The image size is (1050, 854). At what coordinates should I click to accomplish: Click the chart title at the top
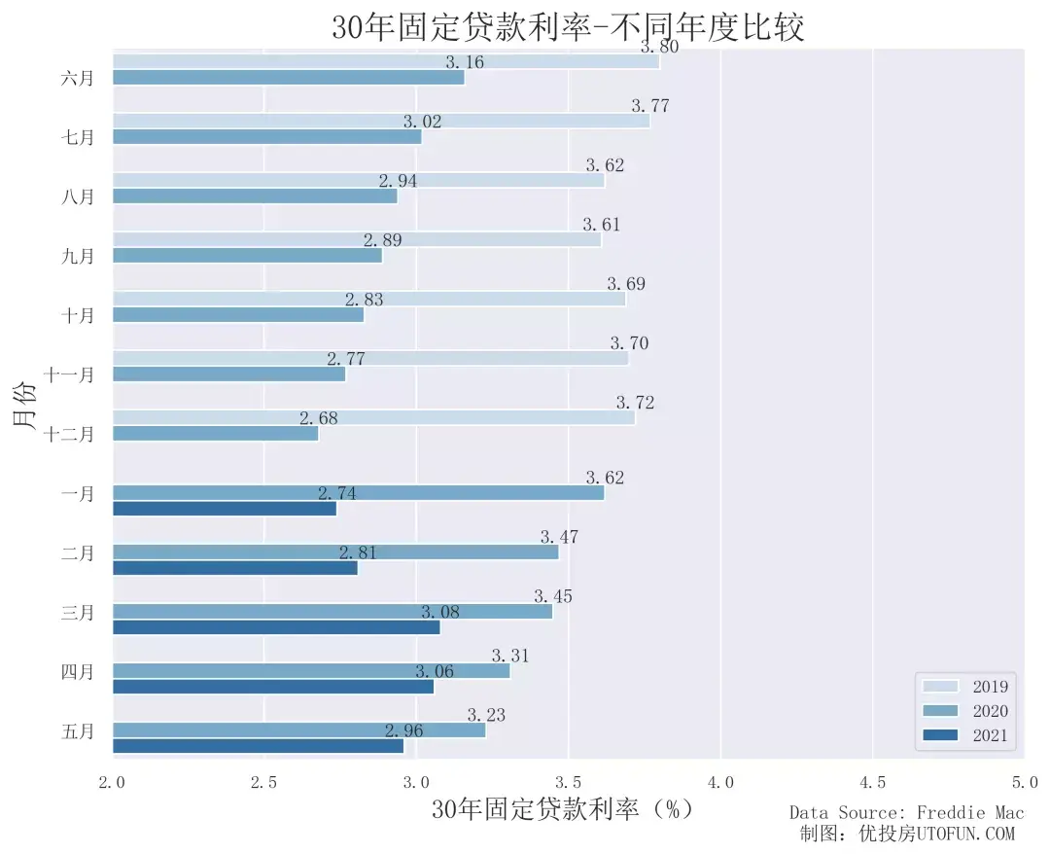pyautogui.click(x=568, y=27)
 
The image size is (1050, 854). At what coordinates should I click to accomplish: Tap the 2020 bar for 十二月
pyautogui.click(x=215, y=434)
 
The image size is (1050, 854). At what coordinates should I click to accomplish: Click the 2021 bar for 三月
pyautogui.click(x=276, y=627)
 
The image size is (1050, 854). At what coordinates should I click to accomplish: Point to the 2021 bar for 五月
pyautogui.click(x=258, y=746)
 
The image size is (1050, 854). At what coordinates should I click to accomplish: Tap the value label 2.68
pyautogui.click(x=318, y=418)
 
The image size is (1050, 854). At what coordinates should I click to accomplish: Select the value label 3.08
pyautogui.click(x=439, y=612)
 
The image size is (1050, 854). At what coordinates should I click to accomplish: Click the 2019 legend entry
pyautogui.click(x=966, y=686)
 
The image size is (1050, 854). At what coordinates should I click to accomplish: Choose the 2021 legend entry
pyautogui.click(x=966, y=736)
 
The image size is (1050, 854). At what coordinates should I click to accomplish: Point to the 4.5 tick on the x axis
pyautogui.click(x=872, y=782)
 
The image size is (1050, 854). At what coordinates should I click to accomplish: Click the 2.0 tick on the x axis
pyautogui.click(x=113, y=782)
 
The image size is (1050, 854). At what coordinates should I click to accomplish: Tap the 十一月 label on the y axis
pyautogui.click(x=69, y=374)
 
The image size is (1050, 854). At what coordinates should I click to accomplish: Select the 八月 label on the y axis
pyautogui.click(x=78, y=196)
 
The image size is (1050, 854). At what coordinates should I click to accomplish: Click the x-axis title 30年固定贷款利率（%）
pyautogui.click(x=563, y=809)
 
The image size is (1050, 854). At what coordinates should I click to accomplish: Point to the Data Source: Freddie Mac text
pyautogui.click(x=906, y=812)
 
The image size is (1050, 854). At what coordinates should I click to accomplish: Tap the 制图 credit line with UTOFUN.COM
pyautogui.click(x=906, y=834)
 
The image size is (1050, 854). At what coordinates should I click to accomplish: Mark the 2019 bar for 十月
pyautogui.click(x=368, y=299)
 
